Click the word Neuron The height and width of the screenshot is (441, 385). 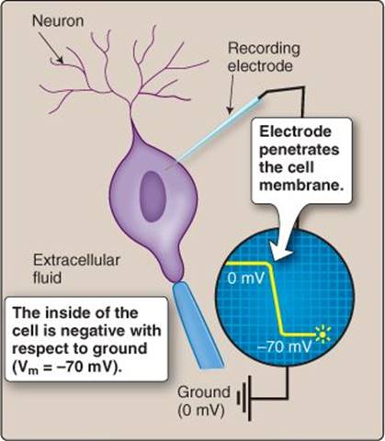pos(58,21)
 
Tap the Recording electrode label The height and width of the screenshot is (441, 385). pos(264,57)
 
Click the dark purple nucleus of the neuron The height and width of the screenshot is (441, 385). pos(153,196)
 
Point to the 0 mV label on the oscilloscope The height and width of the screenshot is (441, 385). pos(245,278)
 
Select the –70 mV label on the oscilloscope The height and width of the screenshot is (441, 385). pos(284,347)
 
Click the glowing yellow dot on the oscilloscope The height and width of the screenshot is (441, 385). pos(322,334)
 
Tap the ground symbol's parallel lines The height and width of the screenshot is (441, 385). pos(244,398)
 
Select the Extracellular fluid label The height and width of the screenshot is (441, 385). pos(76,269)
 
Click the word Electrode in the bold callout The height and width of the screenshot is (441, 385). pos(295,132)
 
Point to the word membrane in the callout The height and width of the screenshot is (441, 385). pos(301,186)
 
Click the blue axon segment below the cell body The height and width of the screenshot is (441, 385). pos(197,325)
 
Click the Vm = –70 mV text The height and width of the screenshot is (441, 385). pos(66,367)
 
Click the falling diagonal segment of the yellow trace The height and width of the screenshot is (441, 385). pos(277,299)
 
